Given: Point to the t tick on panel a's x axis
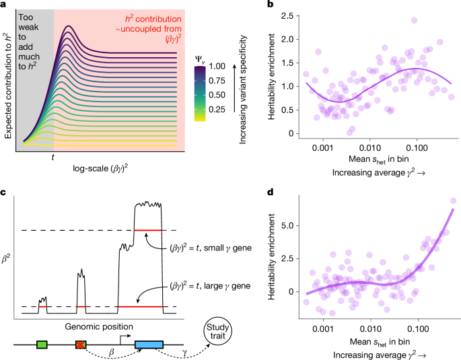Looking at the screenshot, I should click(x=53, y=156).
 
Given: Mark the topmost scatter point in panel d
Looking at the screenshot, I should click(x=453, y=201).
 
